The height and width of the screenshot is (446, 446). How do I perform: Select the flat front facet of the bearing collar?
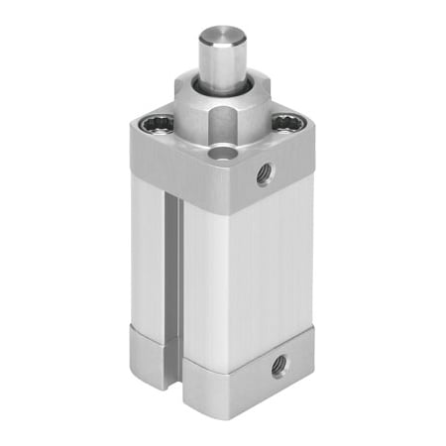pyautogui.click(x=223, y=127)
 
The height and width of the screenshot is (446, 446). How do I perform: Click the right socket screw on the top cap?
pyautogui.click(x=286, y=123)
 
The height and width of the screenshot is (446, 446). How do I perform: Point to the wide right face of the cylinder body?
pyautogui.click(x=258, y=268)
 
